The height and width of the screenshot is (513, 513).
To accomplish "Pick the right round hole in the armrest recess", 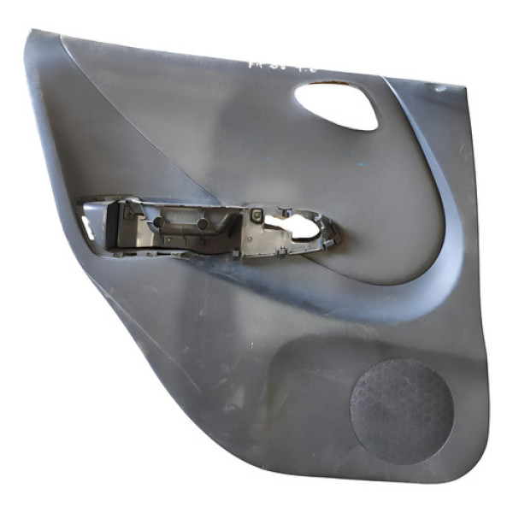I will click(203, 223).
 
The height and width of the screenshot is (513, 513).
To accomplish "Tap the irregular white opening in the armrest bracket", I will click(295, 226).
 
